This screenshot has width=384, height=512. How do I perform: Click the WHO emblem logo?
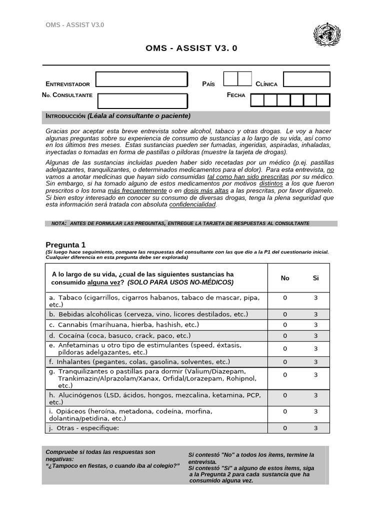pyautogui.click(x=327, y=35)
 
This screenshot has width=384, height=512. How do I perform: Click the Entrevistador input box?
pyautogui.click(x=141, y=79)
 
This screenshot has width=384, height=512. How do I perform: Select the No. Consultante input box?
pyautogui.click(x=142, y=100)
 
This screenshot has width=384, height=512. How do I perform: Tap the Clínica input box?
pyautogui.click(x=306, y=79)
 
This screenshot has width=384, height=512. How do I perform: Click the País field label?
pyautogui.click(x=208, y=84)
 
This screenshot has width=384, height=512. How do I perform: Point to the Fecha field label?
pyautogui.click(x=236, y=95)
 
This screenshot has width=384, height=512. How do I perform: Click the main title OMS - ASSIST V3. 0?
pyautogui.click(x=191, y=48)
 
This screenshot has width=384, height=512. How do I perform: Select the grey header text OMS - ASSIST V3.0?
pyautogui.click(x=75, y=25)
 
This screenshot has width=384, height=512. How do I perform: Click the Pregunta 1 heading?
pyautogui.click(x=65, y=244)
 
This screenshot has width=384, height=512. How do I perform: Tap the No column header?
pyautogui.click(x=285, y=278)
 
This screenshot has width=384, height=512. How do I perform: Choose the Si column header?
pyautogui.click(x=315, y=278)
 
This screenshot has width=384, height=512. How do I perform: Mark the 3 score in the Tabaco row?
pyautogui.click(x=315, y=297)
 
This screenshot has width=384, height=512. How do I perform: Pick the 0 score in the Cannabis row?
pyautogui.click(x=285, y=325)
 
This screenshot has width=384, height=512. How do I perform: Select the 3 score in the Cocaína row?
pyautogui.click(x=315, y=335)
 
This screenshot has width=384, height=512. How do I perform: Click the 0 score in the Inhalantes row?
pyautogui.click(x=285, y=361)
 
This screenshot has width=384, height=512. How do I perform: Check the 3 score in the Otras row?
pyautogui.click(x=315, y=428)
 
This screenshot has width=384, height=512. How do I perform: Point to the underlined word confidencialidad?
pyautogui.click(x=192, y=204)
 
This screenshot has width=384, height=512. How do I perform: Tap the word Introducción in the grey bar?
pyautogui.click(x=65, y=116)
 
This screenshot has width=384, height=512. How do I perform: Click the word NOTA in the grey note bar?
pyautogui.click(x=58, y=223)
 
